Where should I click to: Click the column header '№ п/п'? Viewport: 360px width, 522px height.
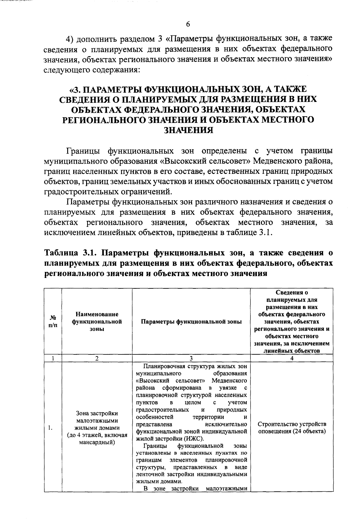pyautogui.click(x=52, y=321)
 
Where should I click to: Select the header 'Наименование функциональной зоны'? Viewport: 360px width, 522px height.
pyautogui.click(x=97, y=321)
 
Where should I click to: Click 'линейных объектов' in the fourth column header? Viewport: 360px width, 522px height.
pyautogui.click(x=292, y=350)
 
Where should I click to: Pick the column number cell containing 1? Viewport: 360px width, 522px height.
pyautogui.click(x=52, y=358)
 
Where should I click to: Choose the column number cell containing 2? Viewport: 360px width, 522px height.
pyautogui.click(x=97, y=358)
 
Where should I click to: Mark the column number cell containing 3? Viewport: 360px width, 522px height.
pyautogui.click(x=191, y=358)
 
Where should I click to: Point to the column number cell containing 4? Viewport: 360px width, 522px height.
pyautogui.click(x=292, y=358)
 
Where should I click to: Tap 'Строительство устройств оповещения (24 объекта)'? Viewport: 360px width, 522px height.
pyautogui.click(x=292, y=428)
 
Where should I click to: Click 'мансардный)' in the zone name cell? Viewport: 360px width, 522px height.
pyautogui.click(x=97, y=442)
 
